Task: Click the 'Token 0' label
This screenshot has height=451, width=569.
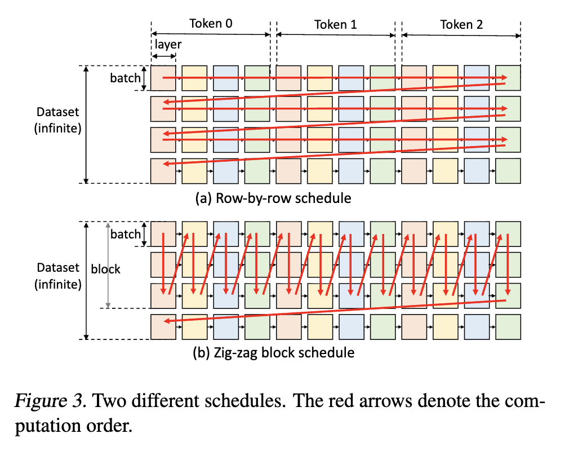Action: click(211, 24)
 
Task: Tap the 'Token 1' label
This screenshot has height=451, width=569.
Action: click(336, 25)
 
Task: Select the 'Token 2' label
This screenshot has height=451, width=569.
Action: click(461, 25)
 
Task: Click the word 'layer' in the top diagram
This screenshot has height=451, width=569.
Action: click(168, 45)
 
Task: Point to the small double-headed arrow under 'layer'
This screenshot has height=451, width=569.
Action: click(164, 56)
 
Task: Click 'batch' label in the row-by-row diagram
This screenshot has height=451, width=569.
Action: click(125, 78)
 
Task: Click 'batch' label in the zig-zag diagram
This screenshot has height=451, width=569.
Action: click(125, 234)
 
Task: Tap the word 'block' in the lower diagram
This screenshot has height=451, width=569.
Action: click(105, 269)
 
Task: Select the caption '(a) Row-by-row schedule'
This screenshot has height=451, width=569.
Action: click(273, 198)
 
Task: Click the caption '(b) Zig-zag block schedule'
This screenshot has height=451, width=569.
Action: click(274, 352)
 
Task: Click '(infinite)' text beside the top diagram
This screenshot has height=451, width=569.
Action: click(57, 129)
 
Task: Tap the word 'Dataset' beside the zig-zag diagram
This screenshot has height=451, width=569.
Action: click(57, 268)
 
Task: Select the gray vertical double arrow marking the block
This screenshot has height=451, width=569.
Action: click(108, 265)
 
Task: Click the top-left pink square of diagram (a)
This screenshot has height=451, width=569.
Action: click(163, 78)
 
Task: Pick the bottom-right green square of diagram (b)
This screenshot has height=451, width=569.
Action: click(508, 327)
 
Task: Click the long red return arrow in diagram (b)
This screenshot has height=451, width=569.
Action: click(335, 311)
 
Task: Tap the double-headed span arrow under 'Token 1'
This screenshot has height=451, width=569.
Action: click(336, 35)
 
